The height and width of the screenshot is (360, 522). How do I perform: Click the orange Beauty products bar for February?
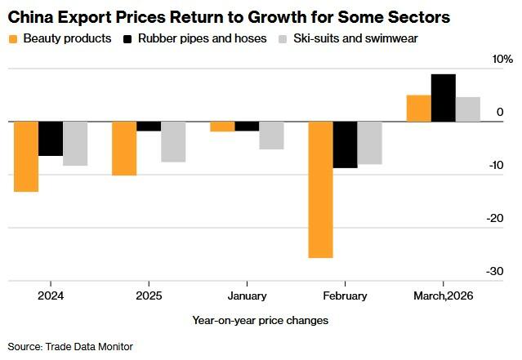[x=320, y=189]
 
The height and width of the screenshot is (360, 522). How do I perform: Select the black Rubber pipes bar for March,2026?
[x=443, y=98]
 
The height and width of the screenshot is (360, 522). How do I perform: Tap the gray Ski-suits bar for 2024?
[x=75, y=144]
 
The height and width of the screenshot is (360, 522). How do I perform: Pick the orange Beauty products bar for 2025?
[x=124, y=149]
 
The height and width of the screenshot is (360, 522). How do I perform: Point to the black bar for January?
[x=247, y=127]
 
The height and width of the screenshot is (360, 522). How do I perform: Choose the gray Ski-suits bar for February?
[x=369, y=143]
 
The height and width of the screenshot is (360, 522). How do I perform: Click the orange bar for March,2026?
[x=418, y=109]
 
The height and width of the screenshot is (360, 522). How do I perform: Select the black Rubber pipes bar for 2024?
[x=51, y=139]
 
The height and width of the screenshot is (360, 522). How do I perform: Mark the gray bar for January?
[x=271, y=136]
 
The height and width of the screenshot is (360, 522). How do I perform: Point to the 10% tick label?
[x=502, y=60]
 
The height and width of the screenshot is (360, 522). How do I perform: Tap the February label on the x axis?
[x=345, y=296]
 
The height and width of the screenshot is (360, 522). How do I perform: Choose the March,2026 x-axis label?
[x=443, y=296]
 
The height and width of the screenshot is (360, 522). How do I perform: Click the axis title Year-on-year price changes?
[x=260, y=320]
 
